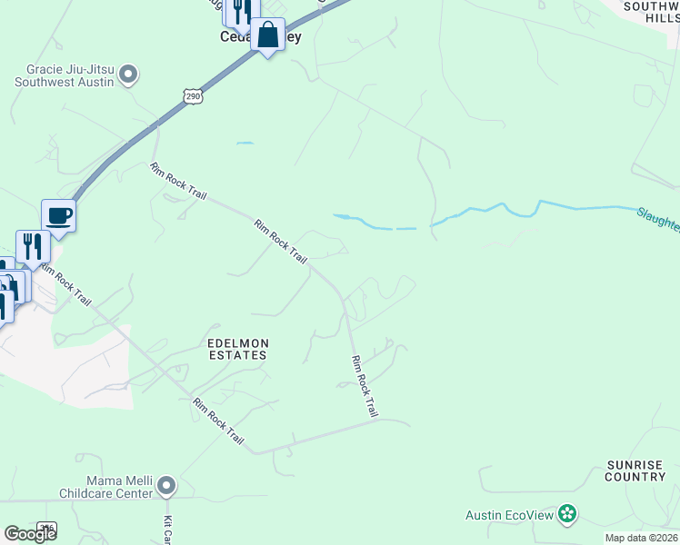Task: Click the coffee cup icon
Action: (x=58, y=216)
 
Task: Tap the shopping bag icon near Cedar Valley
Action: (x=267, y=35)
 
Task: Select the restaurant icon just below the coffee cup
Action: (x=33, y=247)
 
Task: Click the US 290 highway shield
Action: (x=191, y=96)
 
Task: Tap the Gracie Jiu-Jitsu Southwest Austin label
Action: (x=64, y=76)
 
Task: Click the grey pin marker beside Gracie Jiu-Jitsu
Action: (x=128, y=74)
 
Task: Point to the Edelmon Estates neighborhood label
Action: (x=236, y=349)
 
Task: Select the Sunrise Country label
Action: (x=635, y=471)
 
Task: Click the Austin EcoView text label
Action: (x=509, y=515)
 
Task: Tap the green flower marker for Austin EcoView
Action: (x=567, y=514)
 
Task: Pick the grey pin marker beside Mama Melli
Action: (x=165, y=487)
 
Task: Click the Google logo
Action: (x=30, y=534)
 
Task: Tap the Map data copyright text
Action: (x=640, y=538)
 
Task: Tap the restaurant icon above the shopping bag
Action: (x=241, y=11)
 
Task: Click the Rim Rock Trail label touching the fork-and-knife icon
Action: (x=66, y=286)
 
